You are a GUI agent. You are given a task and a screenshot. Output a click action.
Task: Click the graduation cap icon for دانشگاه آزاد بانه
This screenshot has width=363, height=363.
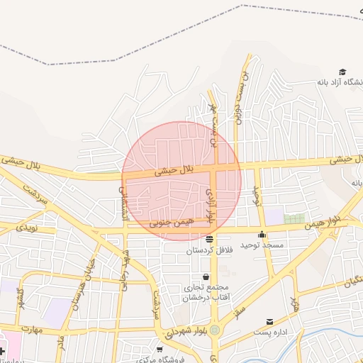point(342,72)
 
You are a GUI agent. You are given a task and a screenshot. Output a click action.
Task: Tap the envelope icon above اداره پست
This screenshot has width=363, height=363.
point(269,322)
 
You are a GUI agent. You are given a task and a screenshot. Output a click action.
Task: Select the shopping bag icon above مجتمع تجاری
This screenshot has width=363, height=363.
point(206,277)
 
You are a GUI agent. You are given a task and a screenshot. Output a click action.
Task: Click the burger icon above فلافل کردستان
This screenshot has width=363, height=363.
point(209,240)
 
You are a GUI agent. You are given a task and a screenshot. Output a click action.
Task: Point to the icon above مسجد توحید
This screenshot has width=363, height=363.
point(262,235)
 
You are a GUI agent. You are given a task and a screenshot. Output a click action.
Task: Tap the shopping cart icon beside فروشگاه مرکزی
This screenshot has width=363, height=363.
point(160,349)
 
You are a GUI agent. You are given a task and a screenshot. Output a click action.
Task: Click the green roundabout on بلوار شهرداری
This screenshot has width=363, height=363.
point(215,330)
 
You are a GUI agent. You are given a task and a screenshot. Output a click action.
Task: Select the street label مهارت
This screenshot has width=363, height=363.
point(32,330)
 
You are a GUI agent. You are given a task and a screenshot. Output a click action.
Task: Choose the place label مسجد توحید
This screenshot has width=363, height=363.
point(262,245)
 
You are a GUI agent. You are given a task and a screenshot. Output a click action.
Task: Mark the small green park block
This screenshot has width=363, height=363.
point(294,218)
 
